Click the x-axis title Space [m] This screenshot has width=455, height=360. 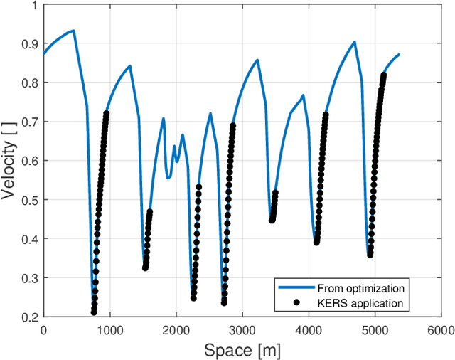point(242,349)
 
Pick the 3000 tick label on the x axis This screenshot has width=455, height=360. point(242,330)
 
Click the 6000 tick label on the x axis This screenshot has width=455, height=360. point(440,330)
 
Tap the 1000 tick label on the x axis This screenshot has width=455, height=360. point(109,330)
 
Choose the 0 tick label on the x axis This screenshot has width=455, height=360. point(43,330)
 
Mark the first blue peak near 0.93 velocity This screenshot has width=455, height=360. point(73,31)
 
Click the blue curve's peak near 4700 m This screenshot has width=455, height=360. point(354,42)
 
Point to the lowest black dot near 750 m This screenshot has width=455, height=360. point(94,312)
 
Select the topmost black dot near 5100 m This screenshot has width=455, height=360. point(384,75)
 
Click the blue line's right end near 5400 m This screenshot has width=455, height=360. point(399,54)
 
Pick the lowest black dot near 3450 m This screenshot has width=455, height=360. point(272,221)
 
